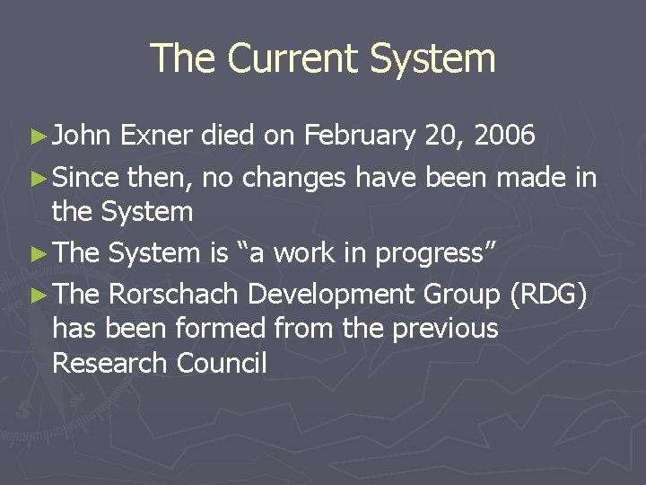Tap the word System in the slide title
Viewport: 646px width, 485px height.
coord(434,58)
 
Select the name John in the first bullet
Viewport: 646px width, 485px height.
coord(82,136)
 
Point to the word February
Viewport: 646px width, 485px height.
coord(360,136)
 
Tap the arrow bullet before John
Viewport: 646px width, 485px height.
coord(37,137)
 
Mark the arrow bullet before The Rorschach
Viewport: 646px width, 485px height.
coord(37,294)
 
